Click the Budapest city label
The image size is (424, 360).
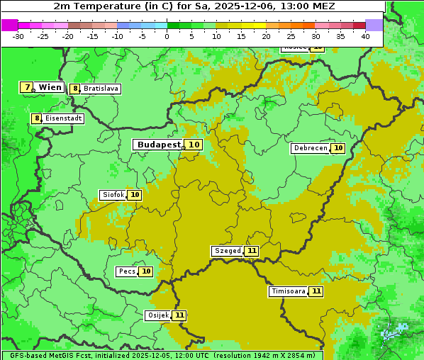coord(159,145)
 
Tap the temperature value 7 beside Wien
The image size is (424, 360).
coord(28,87)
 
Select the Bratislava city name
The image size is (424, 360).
coord(100,89)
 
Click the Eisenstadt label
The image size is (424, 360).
coord(63,118)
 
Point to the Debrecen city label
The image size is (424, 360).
coord(310,148)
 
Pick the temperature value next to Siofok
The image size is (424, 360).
coord(134,195)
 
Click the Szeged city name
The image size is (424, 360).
coord(228,251)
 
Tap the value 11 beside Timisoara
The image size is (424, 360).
coord(316,291)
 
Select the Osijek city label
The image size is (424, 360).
coord(157,315)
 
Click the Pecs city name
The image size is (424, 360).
coord(128,271)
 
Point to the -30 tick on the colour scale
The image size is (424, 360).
coord(18,36)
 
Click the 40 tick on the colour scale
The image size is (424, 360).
coord(365,36)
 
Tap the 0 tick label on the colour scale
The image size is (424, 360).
coord(167,36)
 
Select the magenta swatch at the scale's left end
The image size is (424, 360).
coord(10,25)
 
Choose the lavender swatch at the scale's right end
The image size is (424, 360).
coord(374,25)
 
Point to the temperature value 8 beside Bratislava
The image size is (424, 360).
coord(75,89)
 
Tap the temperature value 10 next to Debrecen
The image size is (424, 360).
coord(338,148)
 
